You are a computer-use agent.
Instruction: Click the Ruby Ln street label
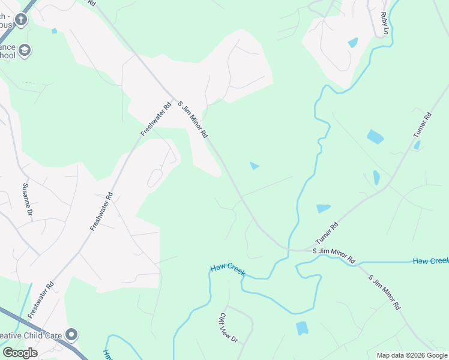(385, 23)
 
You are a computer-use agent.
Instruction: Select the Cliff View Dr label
(228, 328)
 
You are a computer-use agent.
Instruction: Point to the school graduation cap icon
(25, 50)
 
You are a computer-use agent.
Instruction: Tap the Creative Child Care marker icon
(72, 334)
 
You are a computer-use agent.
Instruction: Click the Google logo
(20, 353)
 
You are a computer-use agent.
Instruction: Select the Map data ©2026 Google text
(412, 355)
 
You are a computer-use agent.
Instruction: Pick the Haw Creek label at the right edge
(430, 261)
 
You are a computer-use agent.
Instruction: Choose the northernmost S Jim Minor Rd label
(191, 119)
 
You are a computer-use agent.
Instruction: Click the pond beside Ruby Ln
(353, 43)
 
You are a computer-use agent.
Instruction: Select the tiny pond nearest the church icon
(55, 31)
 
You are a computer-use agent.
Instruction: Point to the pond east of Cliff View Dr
(302, 328)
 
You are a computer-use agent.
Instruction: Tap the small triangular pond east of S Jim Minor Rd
(255, 166)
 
